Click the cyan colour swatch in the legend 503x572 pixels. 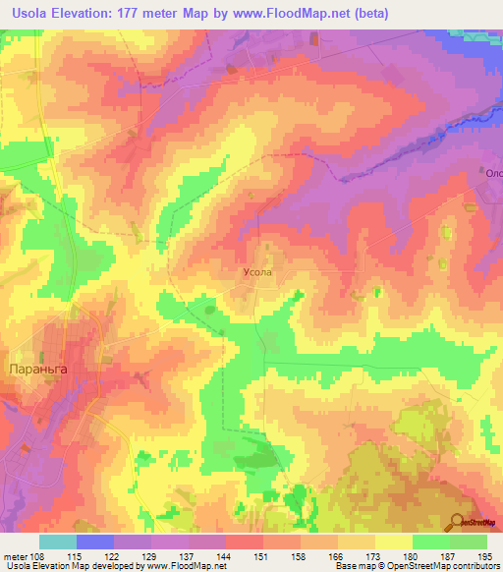click(x=58, y=542)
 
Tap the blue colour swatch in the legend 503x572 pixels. click(x=95, y=542)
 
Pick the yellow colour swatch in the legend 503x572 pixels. click(x=394, y=542)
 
